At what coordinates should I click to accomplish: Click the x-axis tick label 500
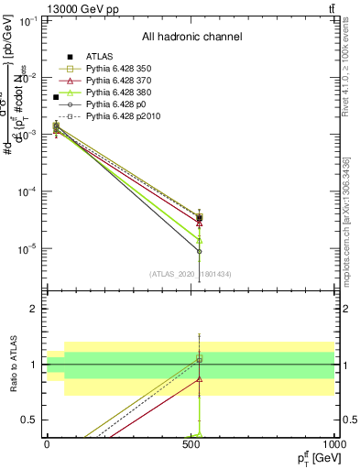[191, 443]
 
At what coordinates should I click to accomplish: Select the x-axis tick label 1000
[334, 443]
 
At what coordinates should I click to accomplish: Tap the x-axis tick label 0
[47, 443]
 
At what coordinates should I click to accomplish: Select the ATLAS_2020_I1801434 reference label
[191, 273]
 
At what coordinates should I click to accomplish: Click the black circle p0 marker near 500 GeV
[199, 251]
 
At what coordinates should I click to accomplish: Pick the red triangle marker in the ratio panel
[199, 378]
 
